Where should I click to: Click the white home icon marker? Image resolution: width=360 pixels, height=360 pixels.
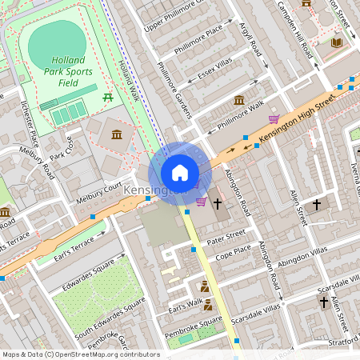tap(180, 173)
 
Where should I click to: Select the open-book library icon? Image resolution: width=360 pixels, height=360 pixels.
tap(337, 42)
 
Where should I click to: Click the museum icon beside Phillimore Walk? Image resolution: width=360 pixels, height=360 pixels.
tap(238, 101)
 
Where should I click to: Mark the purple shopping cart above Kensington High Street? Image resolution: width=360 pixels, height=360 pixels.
tap(274, 119)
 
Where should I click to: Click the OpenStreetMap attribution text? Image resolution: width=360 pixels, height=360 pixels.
tap(80, 354)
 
